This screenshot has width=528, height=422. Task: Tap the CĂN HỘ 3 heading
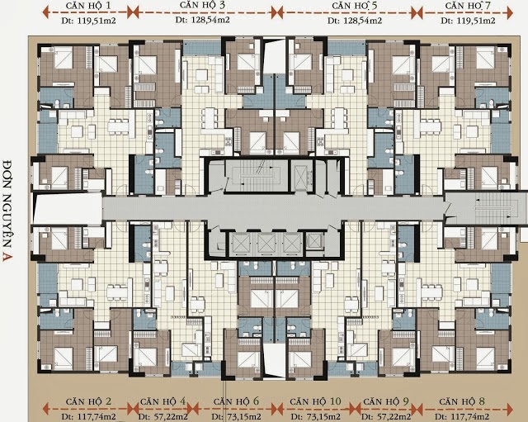(x=202, y=5)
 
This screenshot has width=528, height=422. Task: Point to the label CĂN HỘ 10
(x=315, y=401)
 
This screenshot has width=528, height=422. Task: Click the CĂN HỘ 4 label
(x=163, y=401)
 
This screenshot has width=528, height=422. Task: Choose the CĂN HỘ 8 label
(x=462, y=401)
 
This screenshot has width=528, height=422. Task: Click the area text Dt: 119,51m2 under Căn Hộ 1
(x=88, y=21)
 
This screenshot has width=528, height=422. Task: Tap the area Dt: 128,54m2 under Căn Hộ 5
(x=355, y=21)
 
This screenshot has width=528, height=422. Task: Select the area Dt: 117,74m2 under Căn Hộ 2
(x=88, y=416)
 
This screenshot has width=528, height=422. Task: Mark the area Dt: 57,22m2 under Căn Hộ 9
(x=386, y=416)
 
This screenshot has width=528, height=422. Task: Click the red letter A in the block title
(x=7, y=257)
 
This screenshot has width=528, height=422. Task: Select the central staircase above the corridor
(x=257, y=175)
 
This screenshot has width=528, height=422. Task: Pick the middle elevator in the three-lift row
(x=266, y=244)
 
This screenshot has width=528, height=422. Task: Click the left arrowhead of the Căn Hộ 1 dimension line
(x=46, y=13)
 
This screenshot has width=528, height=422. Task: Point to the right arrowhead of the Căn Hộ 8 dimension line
(x=510, y=409)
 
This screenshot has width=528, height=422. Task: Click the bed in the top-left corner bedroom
(x=64, y=58)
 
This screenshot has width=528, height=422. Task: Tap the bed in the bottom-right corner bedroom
(x=485, y=358)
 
